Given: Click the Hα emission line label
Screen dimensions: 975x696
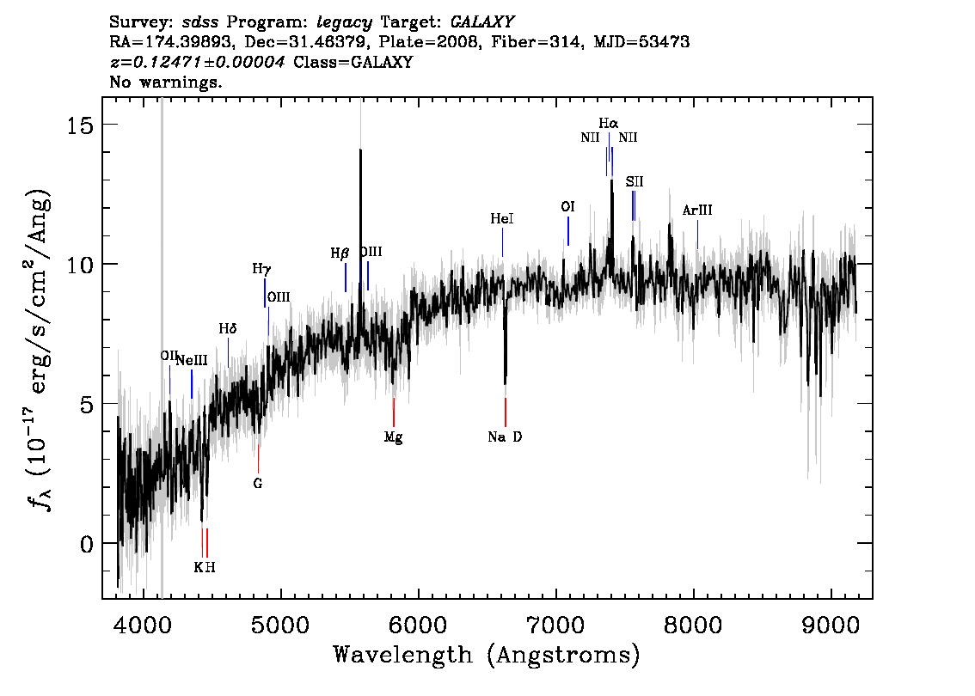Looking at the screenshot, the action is tap(609, 123).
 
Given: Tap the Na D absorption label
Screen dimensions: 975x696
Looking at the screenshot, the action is tap(505, 437).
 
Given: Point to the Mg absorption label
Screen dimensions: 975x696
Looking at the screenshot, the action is tap(393, 437).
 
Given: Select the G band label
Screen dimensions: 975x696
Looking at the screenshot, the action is tap(258, 483).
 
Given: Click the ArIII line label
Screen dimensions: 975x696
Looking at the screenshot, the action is tap(697, 210).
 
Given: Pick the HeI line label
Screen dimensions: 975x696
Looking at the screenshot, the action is tap(502, 219).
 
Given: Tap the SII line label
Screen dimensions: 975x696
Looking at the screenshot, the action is tap(635, 181).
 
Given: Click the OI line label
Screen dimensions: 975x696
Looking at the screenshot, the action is tap(567, 206).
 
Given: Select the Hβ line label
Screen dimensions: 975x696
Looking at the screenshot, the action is tap(340, 253).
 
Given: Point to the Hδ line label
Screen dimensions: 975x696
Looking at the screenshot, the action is tap(228, 328).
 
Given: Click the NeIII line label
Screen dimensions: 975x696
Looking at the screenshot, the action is tap(192, 360).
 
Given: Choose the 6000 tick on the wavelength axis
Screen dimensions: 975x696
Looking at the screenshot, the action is tap(419, 626).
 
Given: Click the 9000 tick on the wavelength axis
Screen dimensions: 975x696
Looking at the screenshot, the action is tap(831, 626).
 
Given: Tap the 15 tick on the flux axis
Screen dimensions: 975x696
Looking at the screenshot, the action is tap(80, 125).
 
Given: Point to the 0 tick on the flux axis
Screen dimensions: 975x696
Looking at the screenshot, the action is tap(87, 545).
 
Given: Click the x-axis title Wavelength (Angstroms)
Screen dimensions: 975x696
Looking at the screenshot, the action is tap(487, 655).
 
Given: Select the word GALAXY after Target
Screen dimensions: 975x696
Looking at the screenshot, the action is tap(481, 22).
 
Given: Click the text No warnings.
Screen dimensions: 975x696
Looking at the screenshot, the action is tap(165, 82).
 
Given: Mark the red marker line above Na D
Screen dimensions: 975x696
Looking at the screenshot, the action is tap(506, 412).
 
